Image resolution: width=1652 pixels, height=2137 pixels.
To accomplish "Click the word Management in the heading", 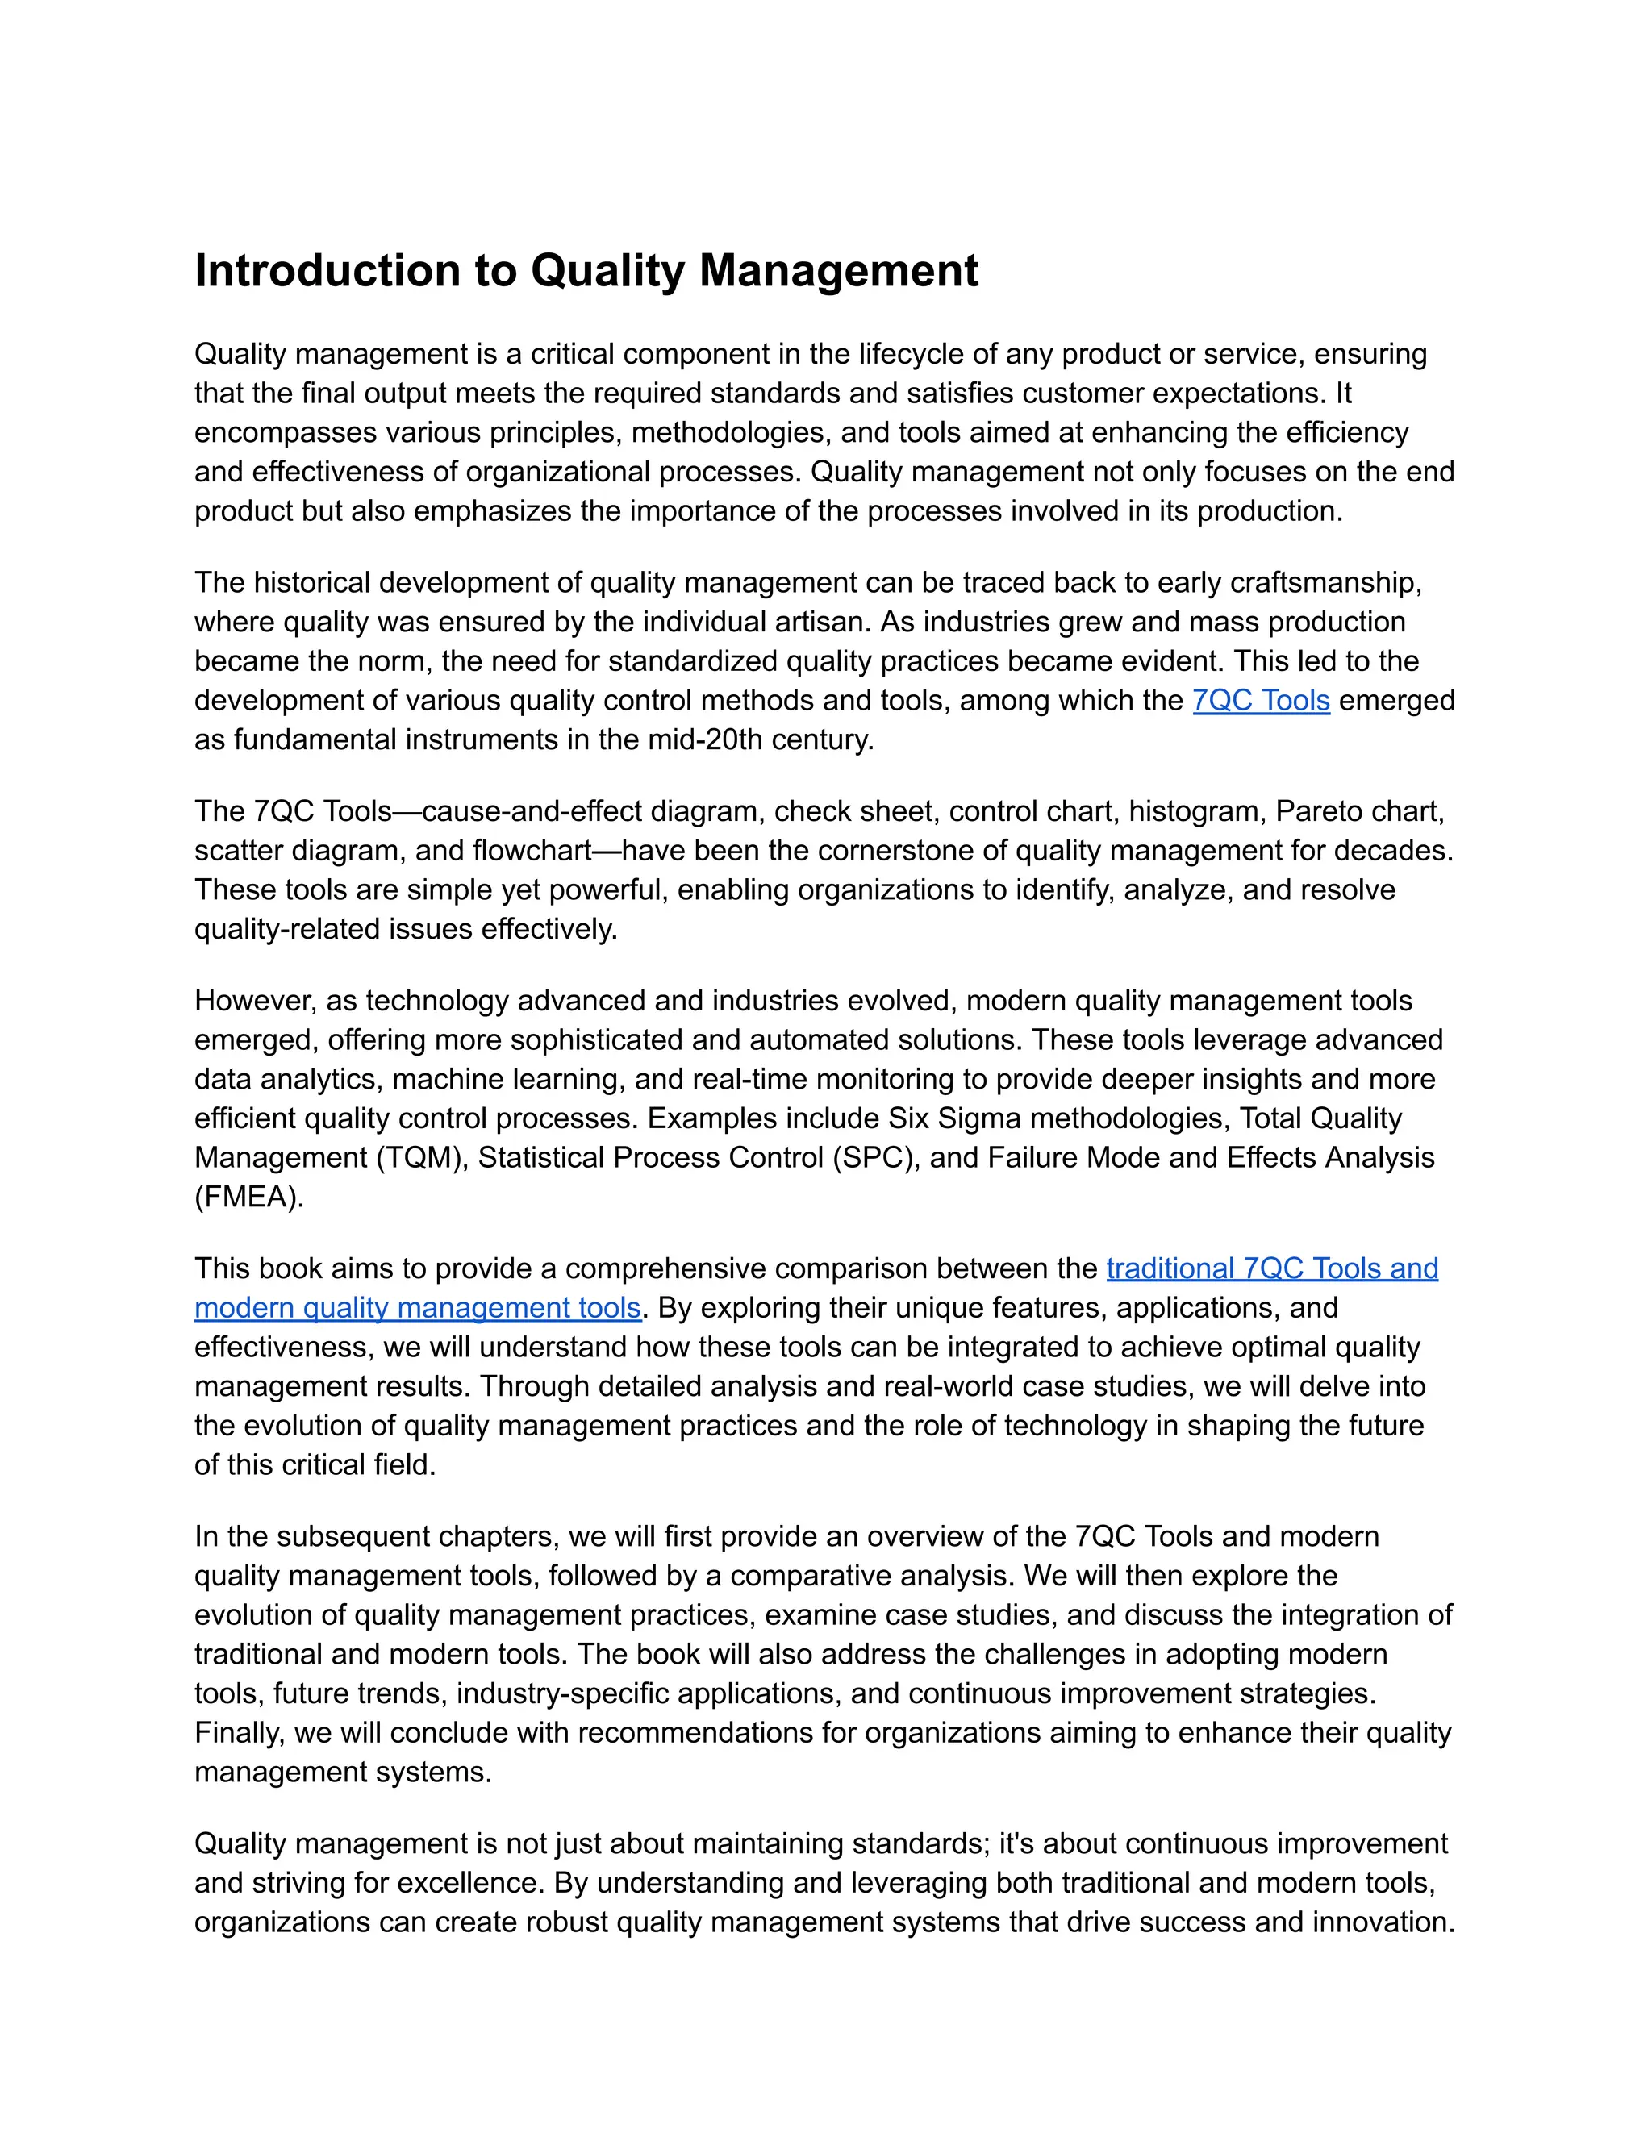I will click(839, 271).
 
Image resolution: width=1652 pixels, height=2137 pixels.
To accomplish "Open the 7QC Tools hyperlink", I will click(1261, 701).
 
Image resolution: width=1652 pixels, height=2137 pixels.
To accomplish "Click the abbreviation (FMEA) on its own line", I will click(248, 1197).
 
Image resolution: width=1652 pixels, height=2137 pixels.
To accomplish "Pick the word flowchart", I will click(532, 850).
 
